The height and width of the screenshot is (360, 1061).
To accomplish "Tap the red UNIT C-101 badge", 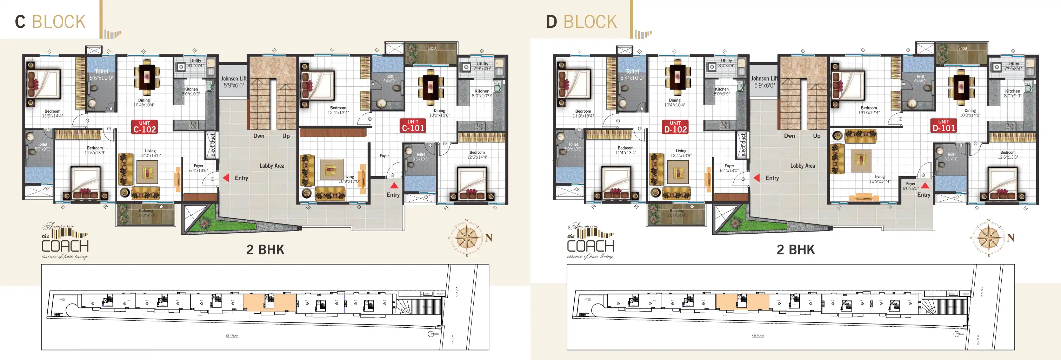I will click(x=413, y=126).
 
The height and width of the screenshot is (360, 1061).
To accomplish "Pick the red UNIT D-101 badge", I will click(x=943, y=126).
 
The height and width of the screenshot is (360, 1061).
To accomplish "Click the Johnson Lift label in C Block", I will click(x=234, y=81).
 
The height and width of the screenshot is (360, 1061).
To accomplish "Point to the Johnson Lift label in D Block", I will click(x=764, y=81).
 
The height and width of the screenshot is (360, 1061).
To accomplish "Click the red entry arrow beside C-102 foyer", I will click(x=226, y=178).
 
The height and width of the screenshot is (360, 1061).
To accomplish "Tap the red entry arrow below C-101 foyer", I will click(x=394, y=186).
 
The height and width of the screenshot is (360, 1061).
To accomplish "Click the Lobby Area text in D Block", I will click(x=802, y=166).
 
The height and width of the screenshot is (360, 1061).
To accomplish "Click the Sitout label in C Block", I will click(x=432, y=48).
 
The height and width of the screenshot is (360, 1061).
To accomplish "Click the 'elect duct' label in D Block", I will click(x=743, y=145).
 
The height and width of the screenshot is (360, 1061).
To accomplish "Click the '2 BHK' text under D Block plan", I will click(x=795, y=249).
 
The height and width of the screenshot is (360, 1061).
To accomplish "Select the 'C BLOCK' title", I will click(x=50, y=21).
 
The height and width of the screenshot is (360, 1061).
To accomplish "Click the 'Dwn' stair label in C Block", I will click(x=259, y=136).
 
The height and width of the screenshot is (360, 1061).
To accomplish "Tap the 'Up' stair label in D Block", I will click(x=816, y=136).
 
